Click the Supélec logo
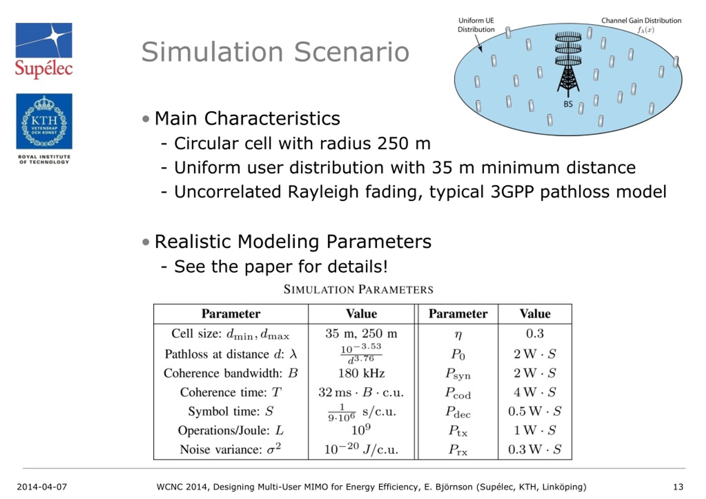(x=44, y=50)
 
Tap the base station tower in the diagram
(x=568, y=65)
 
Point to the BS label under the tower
(x=568, y=104)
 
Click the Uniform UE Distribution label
(x=476, y=25)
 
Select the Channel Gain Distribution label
(x=641, y=21)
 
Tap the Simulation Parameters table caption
(x=358, y=289)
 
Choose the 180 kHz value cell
(x=361, y=373)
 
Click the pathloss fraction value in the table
(x=361, y=354)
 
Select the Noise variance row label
(x=230, y=449)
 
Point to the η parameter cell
(x=458, y=334)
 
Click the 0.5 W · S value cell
(x=535, y=411)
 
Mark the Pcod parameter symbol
(x=458, y=393)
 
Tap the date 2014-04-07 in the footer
(x=42, y=487)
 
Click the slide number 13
(x=678, y=487)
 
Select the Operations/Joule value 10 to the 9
(x=361, y=430)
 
